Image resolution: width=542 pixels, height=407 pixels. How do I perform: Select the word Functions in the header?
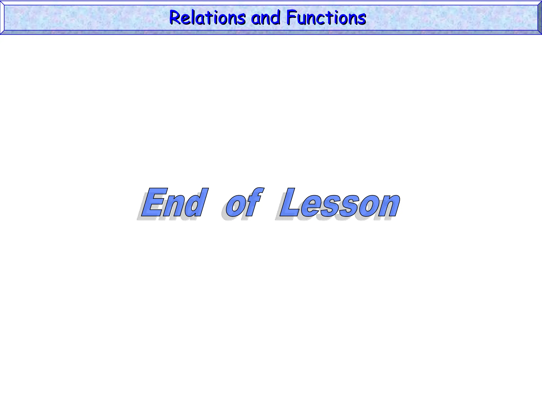pos(326,18)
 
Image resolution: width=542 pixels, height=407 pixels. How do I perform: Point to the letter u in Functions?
pos(302,19)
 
